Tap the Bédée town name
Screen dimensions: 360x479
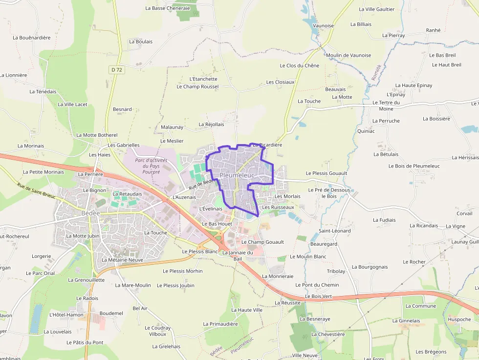pos(91,213)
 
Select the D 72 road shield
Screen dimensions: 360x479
pos(116,70)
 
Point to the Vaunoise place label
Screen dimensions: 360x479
pos(323,25)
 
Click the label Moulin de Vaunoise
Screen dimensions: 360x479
pos(348,55)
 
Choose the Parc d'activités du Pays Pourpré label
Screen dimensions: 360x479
pos(151,166)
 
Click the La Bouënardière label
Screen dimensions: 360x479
pos(32,38)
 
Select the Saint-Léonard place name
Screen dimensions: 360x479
pos(335,231)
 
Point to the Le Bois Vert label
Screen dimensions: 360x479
pos(318,296)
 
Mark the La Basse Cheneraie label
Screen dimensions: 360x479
pos(167,8)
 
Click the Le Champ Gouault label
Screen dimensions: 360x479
pos(262,242)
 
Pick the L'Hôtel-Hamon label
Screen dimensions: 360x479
pos(66,315)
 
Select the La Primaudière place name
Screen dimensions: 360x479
pos(220,324)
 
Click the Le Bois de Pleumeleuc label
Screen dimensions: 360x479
pos(414,166)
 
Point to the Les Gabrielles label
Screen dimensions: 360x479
pos(124,145)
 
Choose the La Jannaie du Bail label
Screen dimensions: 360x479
pos(238,255)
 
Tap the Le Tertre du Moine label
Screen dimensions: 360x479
pos(386,106)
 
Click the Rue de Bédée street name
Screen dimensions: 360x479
pos(202,184)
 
